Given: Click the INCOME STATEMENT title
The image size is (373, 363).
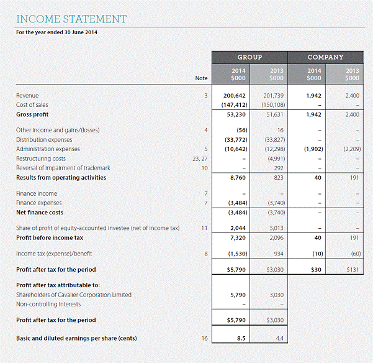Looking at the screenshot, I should (71, 19).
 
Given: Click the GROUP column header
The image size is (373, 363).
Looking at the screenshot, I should (250, 57).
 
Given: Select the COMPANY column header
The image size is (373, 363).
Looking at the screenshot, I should (326, 57).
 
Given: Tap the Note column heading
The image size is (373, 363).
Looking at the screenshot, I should (201, 78).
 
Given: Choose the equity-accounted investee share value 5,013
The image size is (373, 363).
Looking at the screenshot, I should (274, 228).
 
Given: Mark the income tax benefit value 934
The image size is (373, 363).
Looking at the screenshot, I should (277, 254).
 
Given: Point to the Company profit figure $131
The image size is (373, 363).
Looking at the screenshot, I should (352, 269).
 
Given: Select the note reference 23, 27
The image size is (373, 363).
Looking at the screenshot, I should (200, 159).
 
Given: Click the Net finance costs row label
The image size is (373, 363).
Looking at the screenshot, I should (40, 212).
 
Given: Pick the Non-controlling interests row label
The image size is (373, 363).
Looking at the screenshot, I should (49, 304).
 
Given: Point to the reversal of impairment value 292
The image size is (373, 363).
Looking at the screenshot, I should (278, 168).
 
